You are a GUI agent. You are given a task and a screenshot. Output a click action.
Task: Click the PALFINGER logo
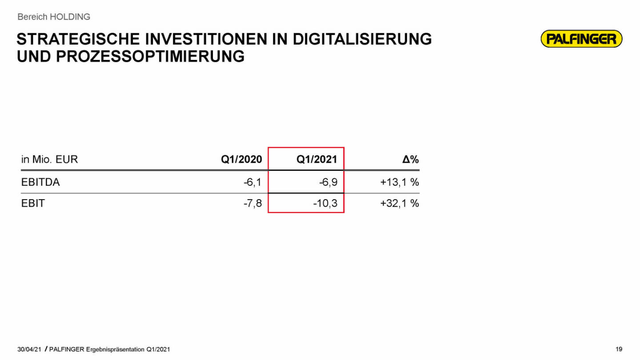coord(581,39)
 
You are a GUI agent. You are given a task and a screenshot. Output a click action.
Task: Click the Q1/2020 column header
coord(241,160)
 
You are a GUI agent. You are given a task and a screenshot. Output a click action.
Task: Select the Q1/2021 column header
coord(317,160)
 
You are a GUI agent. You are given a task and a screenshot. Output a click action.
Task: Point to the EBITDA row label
coord(40,182)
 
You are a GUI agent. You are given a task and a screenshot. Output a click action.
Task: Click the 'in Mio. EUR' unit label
coord(49,160)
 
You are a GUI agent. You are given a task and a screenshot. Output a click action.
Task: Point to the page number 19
coord(619,350)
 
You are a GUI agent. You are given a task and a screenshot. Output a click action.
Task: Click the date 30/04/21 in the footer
coord(29,350)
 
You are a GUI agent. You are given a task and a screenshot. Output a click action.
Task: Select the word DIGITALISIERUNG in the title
coord(362,39)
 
